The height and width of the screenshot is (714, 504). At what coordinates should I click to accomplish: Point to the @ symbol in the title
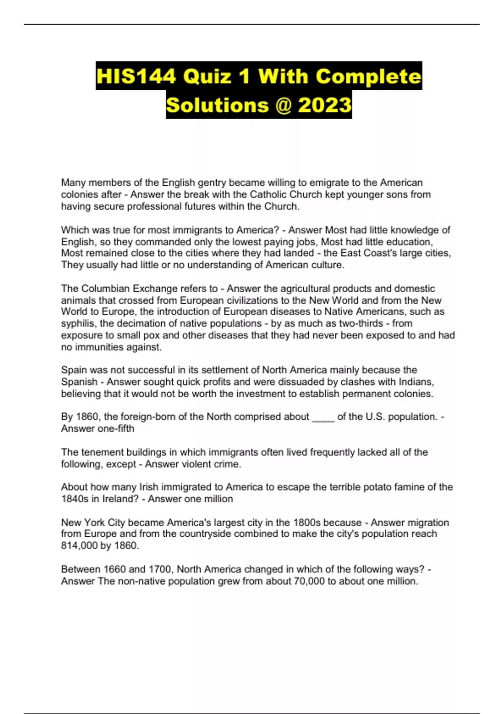[x=283, y=105]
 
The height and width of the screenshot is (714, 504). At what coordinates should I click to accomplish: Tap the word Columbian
[x=105, y=289]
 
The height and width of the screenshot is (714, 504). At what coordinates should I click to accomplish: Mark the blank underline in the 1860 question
[x=323, y=417]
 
